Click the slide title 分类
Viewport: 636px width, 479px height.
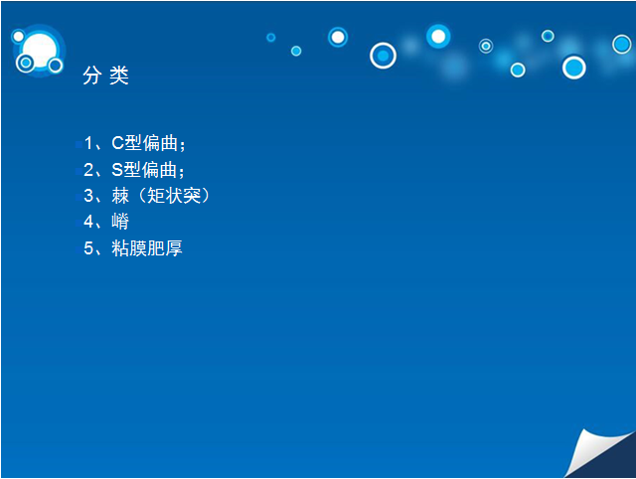[106, 76]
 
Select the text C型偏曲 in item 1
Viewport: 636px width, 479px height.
[145, 143]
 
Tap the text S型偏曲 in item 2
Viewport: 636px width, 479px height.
[144, 170]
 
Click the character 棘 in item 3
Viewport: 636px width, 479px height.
[120, 196]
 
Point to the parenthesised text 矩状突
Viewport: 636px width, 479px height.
[174, 196]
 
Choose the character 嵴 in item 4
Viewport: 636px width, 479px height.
[120, 222]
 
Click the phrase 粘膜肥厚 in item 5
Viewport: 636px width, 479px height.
[147, 248]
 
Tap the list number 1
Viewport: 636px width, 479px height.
[88, 143]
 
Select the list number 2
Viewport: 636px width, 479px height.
[88, 170]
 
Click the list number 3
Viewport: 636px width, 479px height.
[88, 196]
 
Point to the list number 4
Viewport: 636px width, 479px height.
[88, 222]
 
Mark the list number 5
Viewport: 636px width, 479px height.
[88, 248]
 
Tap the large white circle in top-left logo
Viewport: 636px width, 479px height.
[40, 51]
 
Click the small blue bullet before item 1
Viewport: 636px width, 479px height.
[79, 144]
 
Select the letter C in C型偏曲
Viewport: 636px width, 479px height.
[117, 143]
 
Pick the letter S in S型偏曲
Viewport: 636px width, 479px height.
[117, 170]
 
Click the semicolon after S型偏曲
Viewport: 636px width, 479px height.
[181, 172]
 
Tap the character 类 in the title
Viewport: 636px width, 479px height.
[119, 76]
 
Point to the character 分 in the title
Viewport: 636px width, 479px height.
[92, 76]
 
